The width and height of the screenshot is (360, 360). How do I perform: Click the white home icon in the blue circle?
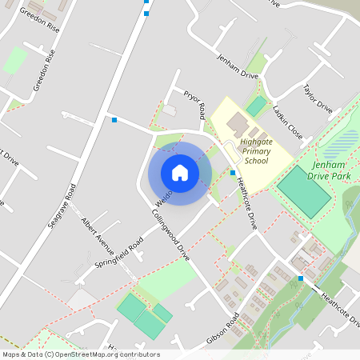tap(180, 172)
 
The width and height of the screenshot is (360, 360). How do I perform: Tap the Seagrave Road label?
tap(60, 207)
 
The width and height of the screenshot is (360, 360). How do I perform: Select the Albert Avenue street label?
tap(98, 232)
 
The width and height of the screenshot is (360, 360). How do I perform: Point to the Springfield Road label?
tap(118, 251)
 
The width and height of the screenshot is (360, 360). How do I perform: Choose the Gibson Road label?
tap(222, 329)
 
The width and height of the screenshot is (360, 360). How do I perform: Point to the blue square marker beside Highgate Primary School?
tap(233, 173)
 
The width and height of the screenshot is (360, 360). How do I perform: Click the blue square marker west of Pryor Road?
tap(115, 120)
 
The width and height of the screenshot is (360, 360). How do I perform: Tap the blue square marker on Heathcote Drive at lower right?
tap(301, 278)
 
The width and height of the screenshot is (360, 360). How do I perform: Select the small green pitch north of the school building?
tap(256, 105)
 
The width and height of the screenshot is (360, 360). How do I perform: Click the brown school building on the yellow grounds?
tap(238, 124)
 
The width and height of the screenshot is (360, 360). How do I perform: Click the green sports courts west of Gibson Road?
tap(142, 315)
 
